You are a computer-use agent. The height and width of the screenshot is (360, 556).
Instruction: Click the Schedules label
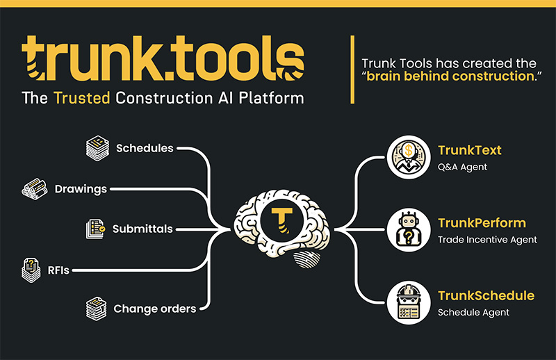(145, 148)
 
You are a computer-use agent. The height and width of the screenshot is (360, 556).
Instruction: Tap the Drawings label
(81, 189)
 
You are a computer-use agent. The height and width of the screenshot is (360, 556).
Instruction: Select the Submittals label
(142, 229)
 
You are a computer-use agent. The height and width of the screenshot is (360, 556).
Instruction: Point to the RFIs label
(58, 270)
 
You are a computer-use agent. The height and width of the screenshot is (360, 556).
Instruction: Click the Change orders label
(155, 309)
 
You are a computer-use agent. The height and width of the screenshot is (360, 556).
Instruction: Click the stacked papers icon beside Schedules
(97, 148)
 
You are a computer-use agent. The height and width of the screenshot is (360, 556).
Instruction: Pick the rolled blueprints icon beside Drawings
(35, 189)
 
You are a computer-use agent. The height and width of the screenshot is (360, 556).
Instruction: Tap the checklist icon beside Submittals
(95, 229)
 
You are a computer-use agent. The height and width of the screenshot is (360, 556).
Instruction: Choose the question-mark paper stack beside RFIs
(31, 270)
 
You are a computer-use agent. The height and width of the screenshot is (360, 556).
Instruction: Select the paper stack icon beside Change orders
(96, 309)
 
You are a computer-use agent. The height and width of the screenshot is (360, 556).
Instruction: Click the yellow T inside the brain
(282, 220)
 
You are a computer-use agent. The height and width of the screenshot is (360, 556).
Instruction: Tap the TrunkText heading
(470, 150)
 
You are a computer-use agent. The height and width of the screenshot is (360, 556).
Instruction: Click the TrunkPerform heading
(482, 223)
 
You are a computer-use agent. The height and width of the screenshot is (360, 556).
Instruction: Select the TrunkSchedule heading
(486, 296)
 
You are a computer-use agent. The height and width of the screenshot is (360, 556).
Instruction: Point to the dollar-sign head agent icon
(409, 157)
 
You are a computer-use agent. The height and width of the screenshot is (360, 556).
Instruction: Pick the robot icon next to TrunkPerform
(409, 230)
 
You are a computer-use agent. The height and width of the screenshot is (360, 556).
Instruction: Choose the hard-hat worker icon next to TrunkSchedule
(409, 302)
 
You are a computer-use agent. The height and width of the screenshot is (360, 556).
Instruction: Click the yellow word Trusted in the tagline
(82, 98)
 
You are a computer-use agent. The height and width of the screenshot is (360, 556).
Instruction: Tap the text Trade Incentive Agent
(488, 240)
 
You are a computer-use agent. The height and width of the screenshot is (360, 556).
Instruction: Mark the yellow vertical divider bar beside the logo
(352, 69)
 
